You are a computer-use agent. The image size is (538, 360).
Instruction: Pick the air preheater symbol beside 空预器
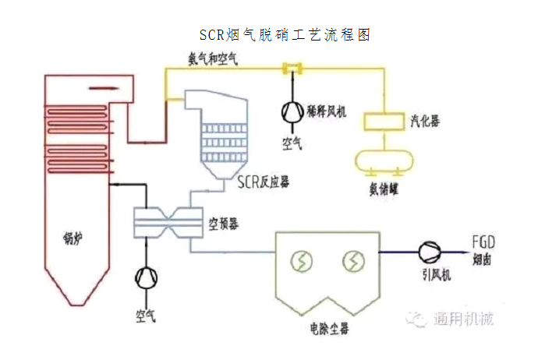[168, 221]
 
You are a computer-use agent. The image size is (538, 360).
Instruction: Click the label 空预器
[224, 224]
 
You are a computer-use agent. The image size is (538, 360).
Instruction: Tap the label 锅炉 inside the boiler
[72, 236]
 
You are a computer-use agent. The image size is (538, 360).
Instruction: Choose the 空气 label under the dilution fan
[293, 143]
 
